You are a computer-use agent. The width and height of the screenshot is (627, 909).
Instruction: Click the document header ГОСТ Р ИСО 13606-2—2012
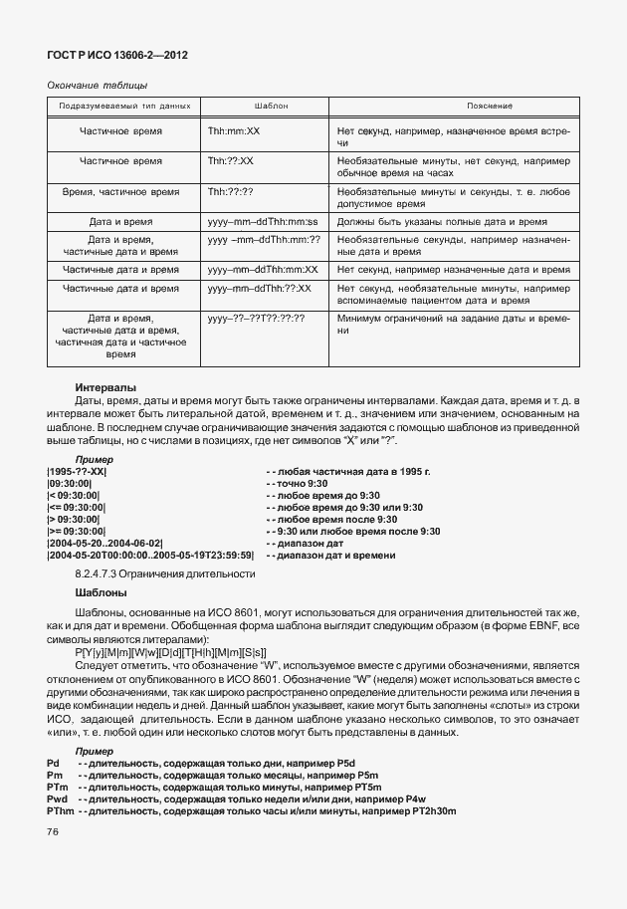tap(117, 55)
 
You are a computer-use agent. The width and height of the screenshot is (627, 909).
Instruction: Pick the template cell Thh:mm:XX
tap(233, 130)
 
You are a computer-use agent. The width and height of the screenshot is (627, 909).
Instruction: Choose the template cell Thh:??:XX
tap(231, 159)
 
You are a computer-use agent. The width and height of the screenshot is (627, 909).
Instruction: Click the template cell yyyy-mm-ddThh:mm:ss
tap(262, 221)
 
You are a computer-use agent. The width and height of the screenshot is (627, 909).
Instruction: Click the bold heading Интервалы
tap(105, 387)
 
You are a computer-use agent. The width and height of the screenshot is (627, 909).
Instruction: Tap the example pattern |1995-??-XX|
tap(77, 471)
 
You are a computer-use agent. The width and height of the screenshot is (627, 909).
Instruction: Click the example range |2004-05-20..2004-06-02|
tap(104, 543)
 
